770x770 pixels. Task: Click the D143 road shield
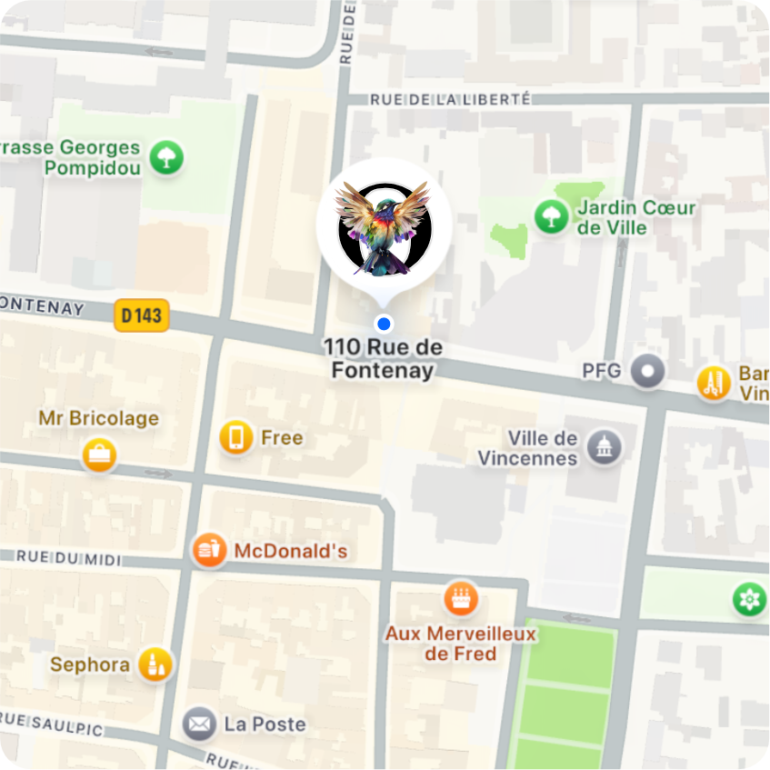click(142, 315)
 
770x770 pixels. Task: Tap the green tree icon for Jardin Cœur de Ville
click(549, 216)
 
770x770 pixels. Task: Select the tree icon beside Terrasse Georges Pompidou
click(166, 157)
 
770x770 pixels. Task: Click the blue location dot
click(384, 324)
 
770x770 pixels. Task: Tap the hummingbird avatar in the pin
click(384, 227)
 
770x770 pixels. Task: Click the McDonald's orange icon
click(209, 550)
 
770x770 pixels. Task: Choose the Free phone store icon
click(236, 437)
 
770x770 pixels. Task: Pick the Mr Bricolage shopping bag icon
click(98, 455)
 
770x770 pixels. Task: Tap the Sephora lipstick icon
click(155, 665)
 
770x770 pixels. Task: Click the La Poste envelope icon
click(199, 725)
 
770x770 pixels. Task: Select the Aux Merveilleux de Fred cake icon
click(461, 598)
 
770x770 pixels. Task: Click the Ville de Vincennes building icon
click(605, 447)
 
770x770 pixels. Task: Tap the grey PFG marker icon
click(647, 371)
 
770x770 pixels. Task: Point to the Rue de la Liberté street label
click(451, 99)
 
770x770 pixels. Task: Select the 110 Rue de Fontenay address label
click(383, 359)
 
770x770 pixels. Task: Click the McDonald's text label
click(290, 551)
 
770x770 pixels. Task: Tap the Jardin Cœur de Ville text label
click(636, 217)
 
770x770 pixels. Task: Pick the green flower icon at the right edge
click(750, 599)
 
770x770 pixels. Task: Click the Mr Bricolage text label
click(98, 418)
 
